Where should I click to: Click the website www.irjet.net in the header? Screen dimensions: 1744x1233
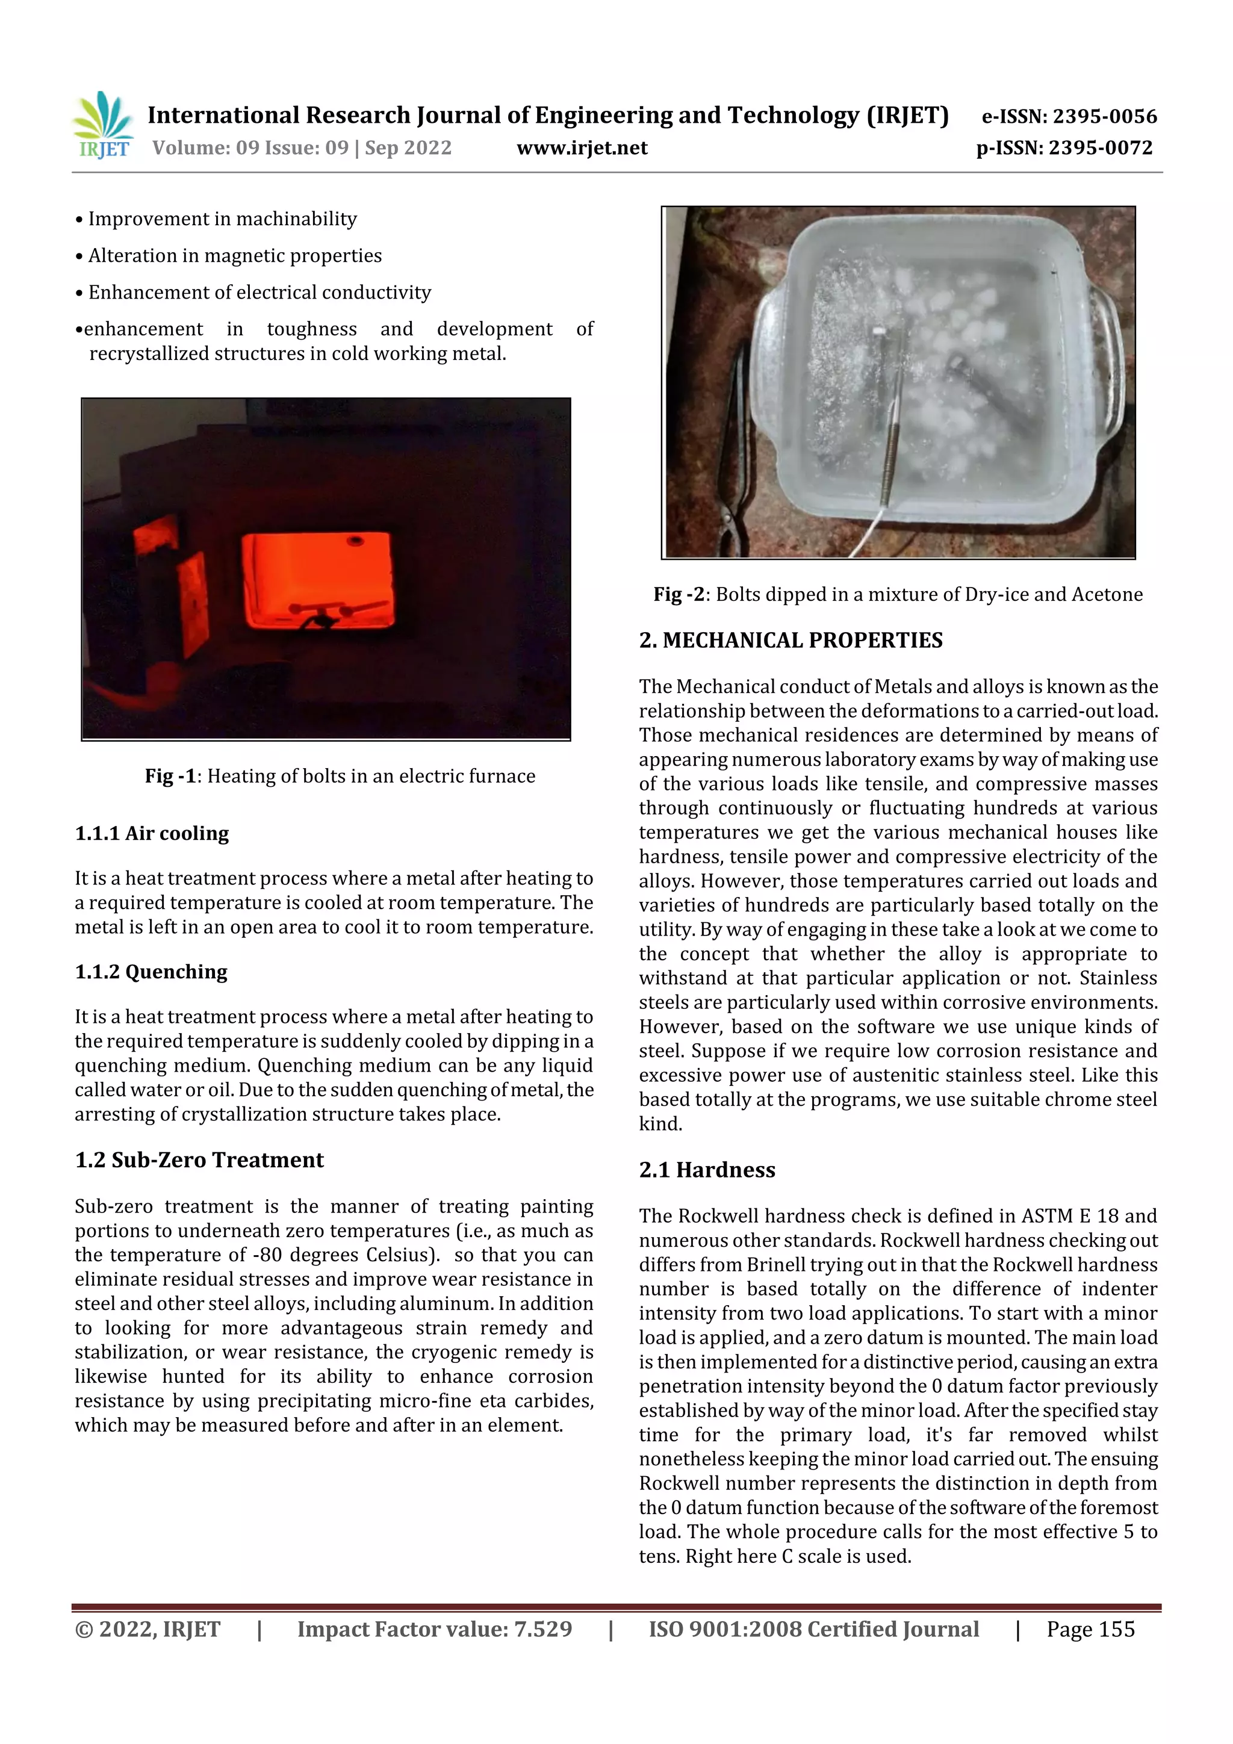(x=582, y=148)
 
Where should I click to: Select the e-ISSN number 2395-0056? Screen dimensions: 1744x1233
(x=1104, y=116)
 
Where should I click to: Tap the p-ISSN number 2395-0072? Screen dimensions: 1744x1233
(x=1100, y=147)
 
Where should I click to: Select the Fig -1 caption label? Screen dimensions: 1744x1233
(x=171, y=777)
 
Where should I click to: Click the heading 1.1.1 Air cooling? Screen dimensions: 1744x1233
(x=152, y=833)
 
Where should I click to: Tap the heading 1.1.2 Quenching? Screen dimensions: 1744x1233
(x=151, y=972)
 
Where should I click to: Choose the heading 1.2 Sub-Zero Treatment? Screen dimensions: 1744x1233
(x=199, y=1160)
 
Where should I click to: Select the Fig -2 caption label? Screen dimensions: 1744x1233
(x=679, y=595)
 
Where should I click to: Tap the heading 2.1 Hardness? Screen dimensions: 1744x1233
(x=707, y=1170)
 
